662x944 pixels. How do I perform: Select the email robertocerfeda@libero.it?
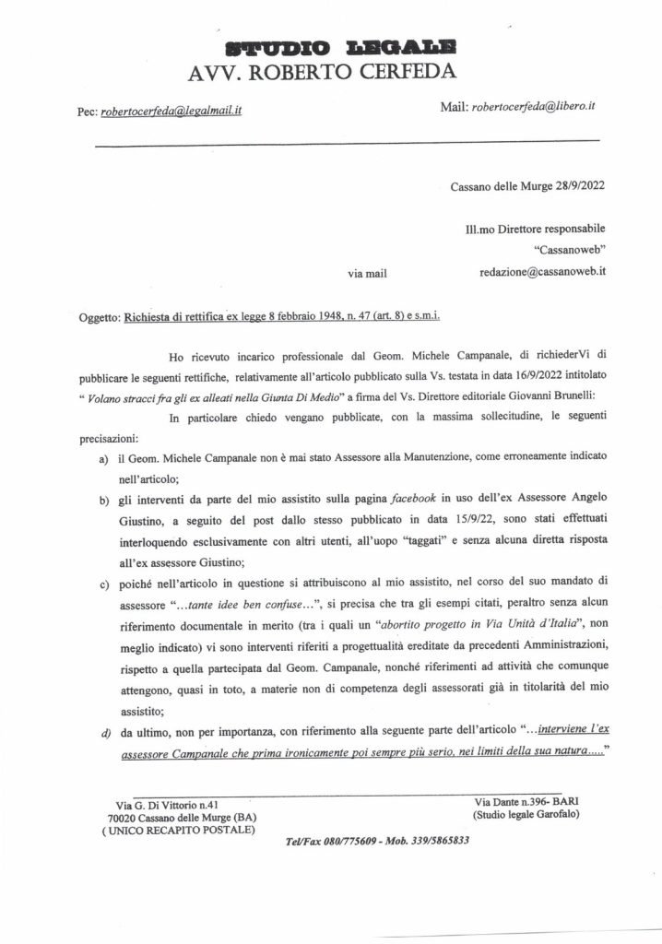(x=532, y=107)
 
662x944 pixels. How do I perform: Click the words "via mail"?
(x=363, y=274)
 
